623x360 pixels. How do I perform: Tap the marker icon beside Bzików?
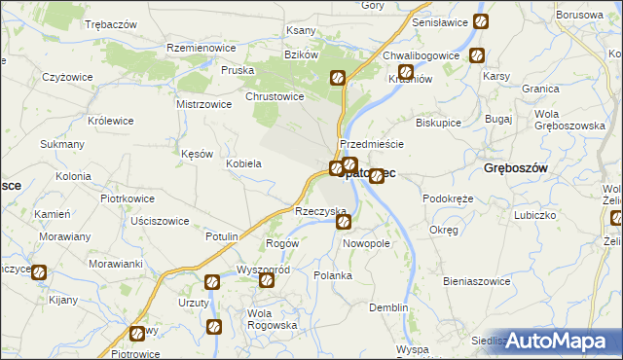pos(338,78)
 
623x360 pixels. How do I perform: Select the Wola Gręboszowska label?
pos(570,120)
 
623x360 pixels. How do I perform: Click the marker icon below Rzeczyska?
pos(345,223)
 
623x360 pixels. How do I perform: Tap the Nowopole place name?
pos(367,243)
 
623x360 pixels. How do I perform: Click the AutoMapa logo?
pos(559,341)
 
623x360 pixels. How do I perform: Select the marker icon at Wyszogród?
pos(266,280)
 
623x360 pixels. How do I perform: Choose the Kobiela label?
pos(243,163)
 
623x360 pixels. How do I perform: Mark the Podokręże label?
pos(448,198)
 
